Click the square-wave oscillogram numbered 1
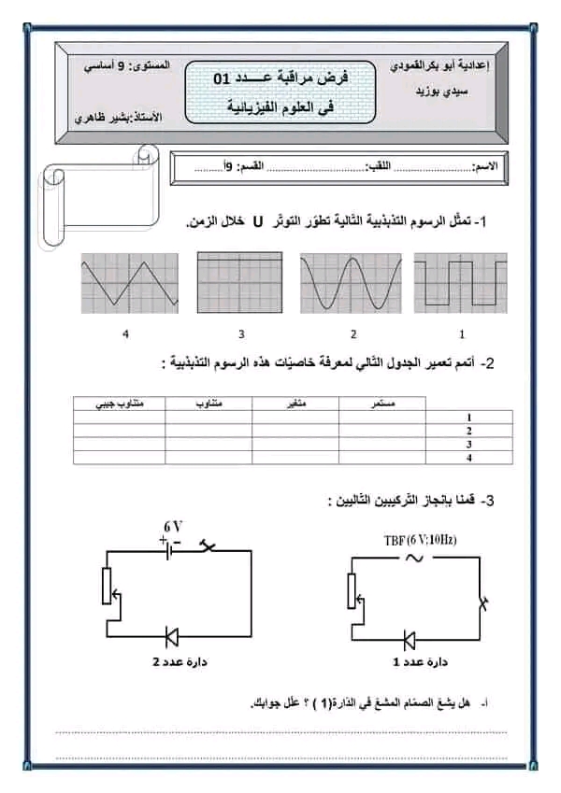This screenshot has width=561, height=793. pyautogui.click(x=460, y=283)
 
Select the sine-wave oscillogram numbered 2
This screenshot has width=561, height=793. pyautogui.click(x=351, y=283)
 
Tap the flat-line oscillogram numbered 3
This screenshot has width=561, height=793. pyautogui.click(x=240, y=283)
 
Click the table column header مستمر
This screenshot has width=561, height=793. pyautogui.click(x=382, y=403)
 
